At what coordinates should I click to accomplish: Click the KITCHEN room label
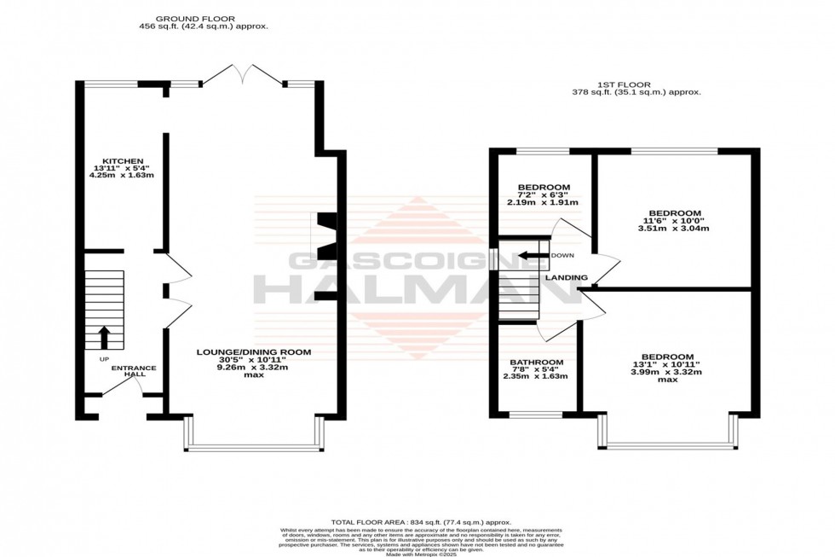click(x=118, y=160)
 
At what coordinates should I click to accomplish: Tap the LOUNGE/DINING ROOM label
click(x=253, y=351)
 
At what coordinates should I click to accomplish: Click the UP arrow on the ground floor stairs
click(x=104, y=338)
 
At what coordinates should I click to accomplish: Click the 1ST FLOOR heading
click(x=636, y=84)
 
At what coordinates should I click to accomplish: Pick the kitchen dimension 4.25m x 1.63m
click(x=121, y=176)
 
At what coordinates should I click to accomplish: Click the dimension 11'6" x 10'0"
click(x=674, y=221)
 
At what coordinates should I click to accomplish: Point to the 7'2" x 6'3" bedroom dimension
click(x=544, y=194)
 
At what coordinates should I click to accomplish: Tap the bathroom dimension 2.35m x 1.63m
click(x=535, y=376)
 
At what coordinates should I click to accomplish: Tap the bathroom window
click(x=535, y=415)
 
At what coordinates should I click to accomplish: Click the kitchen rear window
click(x=110, y=84)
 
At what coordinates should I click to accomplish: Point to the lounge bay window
click(x=254, y=446)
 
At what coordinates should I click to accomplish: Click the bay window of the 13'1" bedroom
click(x=669, y=445)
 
